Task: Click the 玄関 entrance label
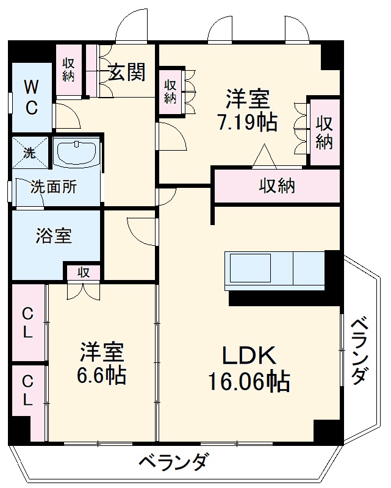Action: click(x=127, y=73)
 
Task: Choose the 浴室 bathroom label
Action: click(x=53, y=236)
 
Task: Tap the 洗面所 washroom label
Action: click(x=54, y=187)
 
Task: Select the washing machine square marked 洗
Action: click(x=29, y=152)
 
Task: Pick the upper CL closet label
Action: click(x=28, y=323)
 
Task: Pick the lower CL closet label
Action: click(x=28, y=390)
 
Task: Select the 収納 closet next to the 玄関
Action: click(x=68, y=71)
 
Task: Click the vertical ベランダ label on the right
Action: click(x=360, y=350)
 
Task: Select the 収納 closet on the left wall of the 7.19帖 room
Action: click(x=170, y=92)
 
